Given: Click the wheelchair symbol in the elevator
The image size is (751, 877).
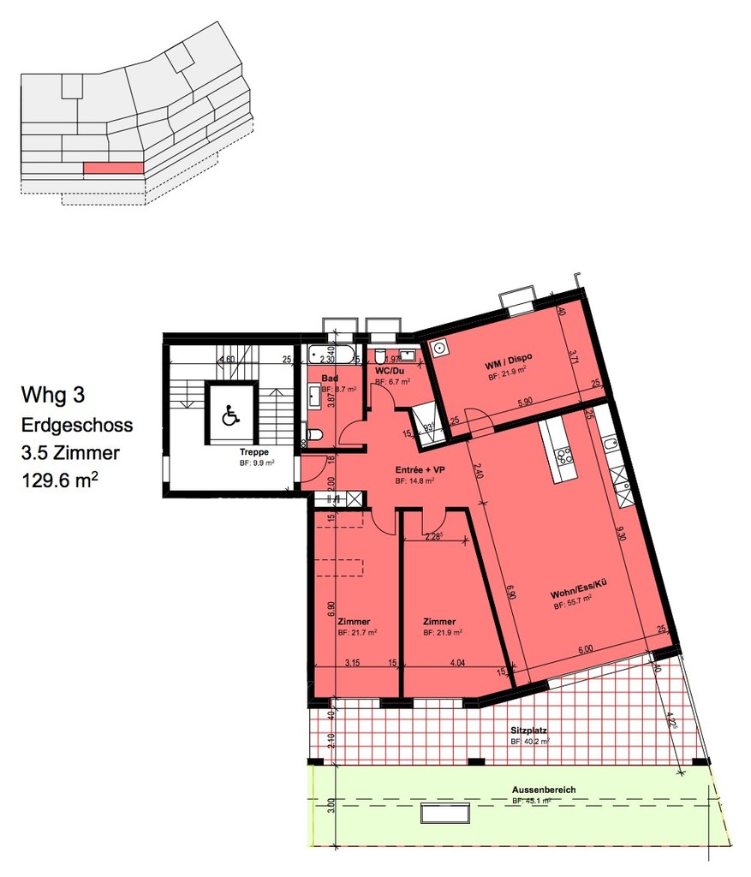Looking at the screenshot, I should point(229,416).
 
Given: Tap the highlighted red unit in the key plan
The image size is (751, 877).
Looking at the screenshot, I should point(112,169).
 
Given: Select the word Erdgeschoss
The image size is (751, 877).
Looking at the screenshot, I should point(77,425).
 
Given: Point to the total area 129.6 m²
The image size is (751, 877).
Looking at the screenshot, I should point(60,480).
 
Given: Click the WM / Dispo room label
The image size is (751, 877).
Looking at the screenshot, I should point(505,366).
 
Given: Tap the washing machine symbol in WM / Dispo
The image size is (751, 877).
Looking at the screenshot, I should point(440,349).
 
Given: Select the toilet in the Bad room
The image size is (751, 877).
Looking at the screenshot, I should point(314,435).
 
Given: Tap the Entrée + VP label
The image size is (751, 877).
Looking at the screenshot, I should point(420,471).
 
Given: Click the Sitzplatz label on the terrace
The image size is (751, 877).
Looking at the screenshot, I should point(528,731).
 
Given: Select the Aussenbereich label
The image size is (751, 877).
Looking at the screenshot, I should point(544,789).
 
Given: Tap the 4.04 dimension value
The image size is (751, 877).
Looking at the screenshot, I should point(456,661).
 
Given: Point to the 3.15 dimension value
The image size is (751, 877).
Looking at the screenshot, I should point(351,661).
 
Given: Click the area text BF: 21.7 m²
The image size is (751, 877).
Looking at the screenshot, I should point(357,633).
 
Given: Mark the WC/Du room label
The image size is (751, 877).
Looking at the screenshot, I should point(389,371).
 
